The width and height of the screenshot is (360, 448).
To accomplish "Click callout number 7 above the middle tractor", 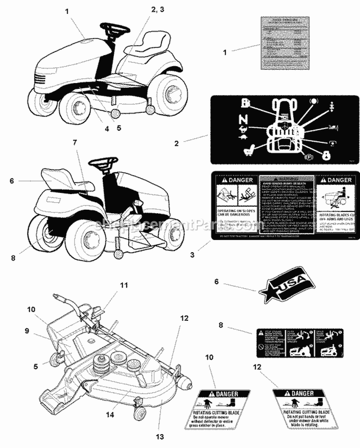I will click(x=74, y=143).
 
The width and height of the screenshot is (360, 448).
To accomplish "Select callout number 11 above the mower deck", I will click(x=124, y=285).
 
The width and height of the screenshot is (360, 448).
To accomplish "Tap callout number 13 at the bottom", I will click(x=160, y=436).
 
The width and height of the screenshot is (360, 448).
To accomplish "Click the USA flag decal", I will click(x=284, y=286).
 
